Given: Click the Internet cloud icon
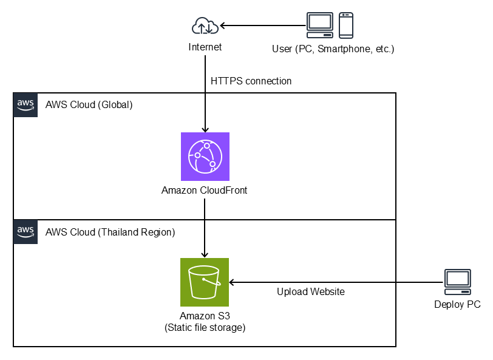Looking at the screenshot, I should pyautogui.click(x=205, y=26).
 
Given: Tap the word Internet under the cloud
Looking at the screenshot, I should pyautogui.click(x=205, y=47).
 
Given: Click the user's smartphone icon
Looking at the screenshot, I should pyautogui.click(x=346, y=25).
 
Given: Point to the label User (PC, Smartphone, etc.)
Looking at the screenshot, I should pyautogui.click(x=333, y=49).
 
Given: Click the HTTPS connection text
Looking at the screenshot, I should pyautogui.click(x=251, y=81).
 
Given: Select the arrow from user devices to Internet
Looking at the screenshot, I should pyautogui.click(x=262, y=26).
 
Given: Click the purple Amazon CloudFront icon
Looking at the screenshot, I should pyautogui.click(x=205, y=157).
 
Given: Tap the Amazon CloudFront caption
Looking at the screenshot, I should pyautogui.click(x=204, y=191).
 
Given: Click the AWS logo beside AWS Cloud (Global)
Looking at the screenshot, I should pyautogui.click(x=25, y=104).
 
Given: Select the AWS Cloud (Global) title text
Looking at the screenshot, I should pyautogui.click(x=89, y=104).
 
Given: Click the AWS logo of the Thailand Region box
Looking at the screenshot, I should pyautogui.click(x=25, y=231).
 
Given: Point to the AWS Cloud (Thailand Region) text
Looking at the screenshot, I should pyautogui.click(x=110, y=232).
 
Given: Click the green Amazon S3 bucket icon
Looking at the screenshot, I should pyautogui.click(x=205, y=282).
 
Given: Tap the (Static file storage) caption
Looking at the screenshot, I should pyautogui.click(x=205, y=328).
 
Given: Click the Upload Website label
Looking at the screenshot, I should pyautogui.click(x=310, y=292).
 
